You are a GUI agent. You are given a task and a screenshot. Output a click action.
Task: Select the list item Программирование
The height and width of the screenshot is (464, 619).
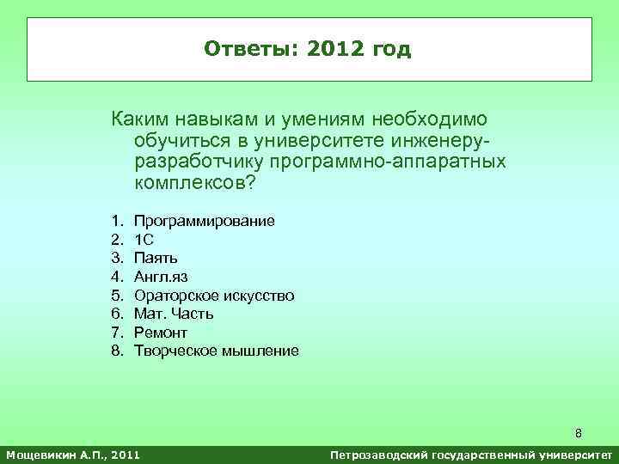coord(205,221)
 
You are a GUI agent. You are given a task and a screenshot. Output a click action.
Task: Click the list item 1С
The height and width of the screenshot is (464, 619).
coord(144,240)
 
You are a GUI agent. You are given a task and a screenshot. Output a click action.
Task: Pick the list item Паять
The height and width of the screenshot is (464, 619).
coord(156,258)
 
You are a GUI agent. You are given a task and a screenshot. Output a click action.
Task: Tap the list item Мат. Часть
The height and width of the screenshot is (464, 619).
coord(174,314)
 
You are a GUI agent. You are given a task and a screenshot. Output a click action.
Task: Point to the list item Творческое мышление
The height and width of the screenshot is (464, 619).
coord(217,351)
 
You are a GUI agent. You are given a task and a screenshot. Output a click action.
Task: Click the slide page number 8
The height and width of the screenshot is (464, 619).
coord(579,432)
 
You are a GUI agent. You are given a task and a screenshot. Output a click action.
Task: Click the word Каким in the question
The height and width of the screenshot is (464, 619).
coord(136,118)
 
